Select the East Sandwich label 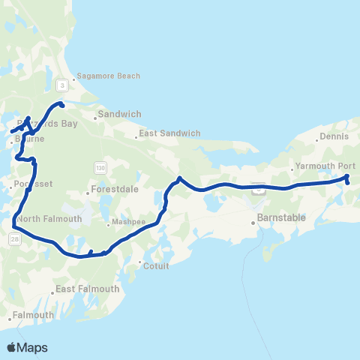pyautogui.click(x=171, y=133)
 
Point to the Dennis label pyautogui.click(x=334, y=137)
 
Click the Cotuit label pyautogui.click(x=157, y=265)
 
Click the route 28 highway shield pyautogui.click(x=15, y=238)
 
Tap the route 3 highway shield pyautogui.click(x=62, y=86)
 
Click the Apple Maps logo pyautogui.click(x=27, y=347)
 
